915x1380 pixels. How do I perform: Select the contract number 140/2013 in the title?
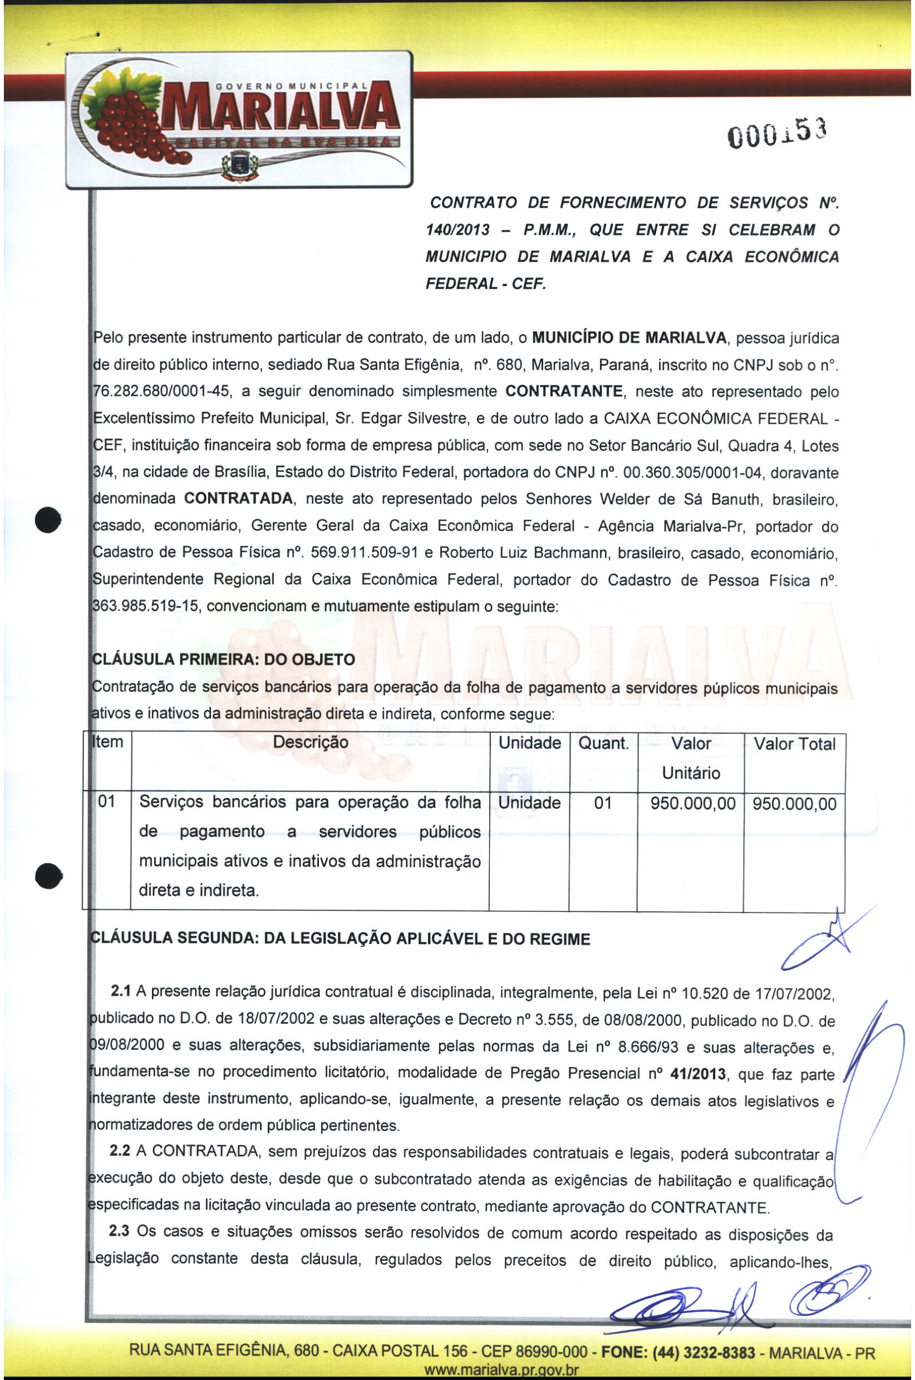pyautogui.click(x=457, y=230)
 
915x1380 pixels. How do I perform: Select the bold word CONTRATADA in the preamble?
pyautogui.click(x=238, y=499)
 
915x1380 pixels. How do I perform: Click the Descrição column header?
pyautogui.click(x=310, y=742)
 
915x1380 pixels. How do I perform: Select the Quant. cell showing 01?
pyautogui.click(x=602, y=803)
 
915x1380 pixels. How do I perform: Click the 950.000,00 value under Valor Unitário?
pyautogui.click(x=693, y=804)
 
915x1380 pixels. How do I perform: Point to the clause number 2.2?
pyautogui.click(x=120, y=1151)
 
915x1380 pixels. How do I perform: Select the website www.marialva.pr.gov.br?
pyautogui.click(x=501, y=1371)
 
